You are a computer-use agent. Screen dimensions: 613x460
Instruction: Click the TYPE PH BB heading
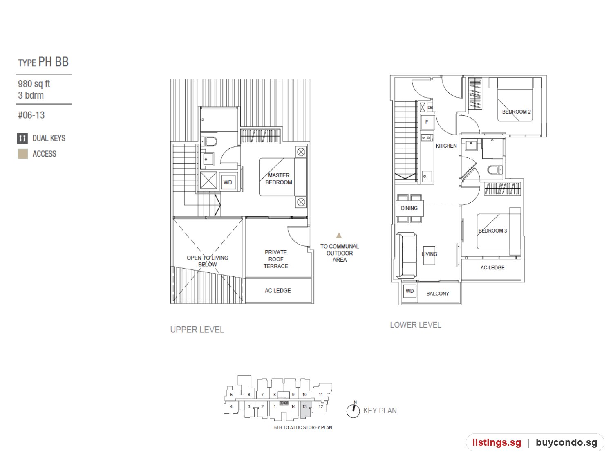pos(43,62)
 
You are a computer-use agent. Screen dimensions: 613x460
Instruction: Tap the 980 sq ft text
pos(34,84)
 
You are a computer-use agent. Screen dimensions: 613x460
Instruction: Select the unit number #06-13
pos(31,115)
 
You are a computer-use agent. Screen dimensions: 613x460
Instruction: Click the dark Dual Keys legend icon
pos(22,138)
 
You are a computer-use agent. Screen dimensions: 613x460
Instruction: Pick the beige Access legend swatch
pos(22,154)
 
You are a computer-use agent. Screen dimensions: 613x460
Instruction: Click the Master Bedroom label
pos(278,179)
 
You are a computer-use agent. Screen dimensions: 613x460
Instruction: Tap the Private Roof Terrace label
pos(275,259)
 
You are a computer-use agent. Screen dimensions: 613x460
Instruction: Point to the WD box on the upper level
pos(228,182)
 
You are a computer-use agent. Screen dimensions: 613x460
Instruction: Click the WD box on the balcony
pos(409,291)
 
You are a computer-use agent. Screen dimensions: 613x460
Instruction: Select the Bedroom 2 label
pos(516,112)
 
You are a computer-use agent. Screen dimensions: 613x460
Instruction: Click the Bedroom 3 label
pos(492,231)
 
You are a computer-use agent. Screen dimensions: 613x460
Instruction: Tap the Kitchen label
pos(446,146)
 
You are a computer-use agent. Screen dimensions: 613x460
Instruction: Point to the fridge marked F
pos(427,122)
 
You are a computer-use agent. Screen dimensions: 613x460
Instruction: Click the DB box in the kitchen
pos(430,107)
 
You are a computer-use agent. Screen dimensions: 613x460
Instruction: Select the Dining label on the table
pos(409,208)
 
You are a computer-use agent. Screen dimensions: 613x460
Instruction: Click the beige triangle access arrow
pos(339,235)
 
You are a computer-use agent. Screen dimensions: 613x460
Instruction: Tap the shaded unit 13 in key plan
pos(305,409)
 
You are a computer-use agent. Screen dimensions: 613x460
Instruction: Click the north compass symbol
pos(353,410)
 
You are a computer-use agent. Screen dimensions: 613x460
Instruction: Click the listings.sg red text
pos(497,442)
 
